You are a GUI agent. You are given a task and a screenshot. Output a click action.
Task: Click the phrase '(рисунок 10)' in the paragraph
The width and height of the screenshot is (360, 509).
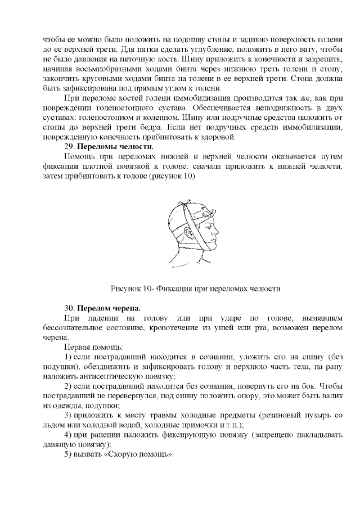[x=173, y=176]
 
